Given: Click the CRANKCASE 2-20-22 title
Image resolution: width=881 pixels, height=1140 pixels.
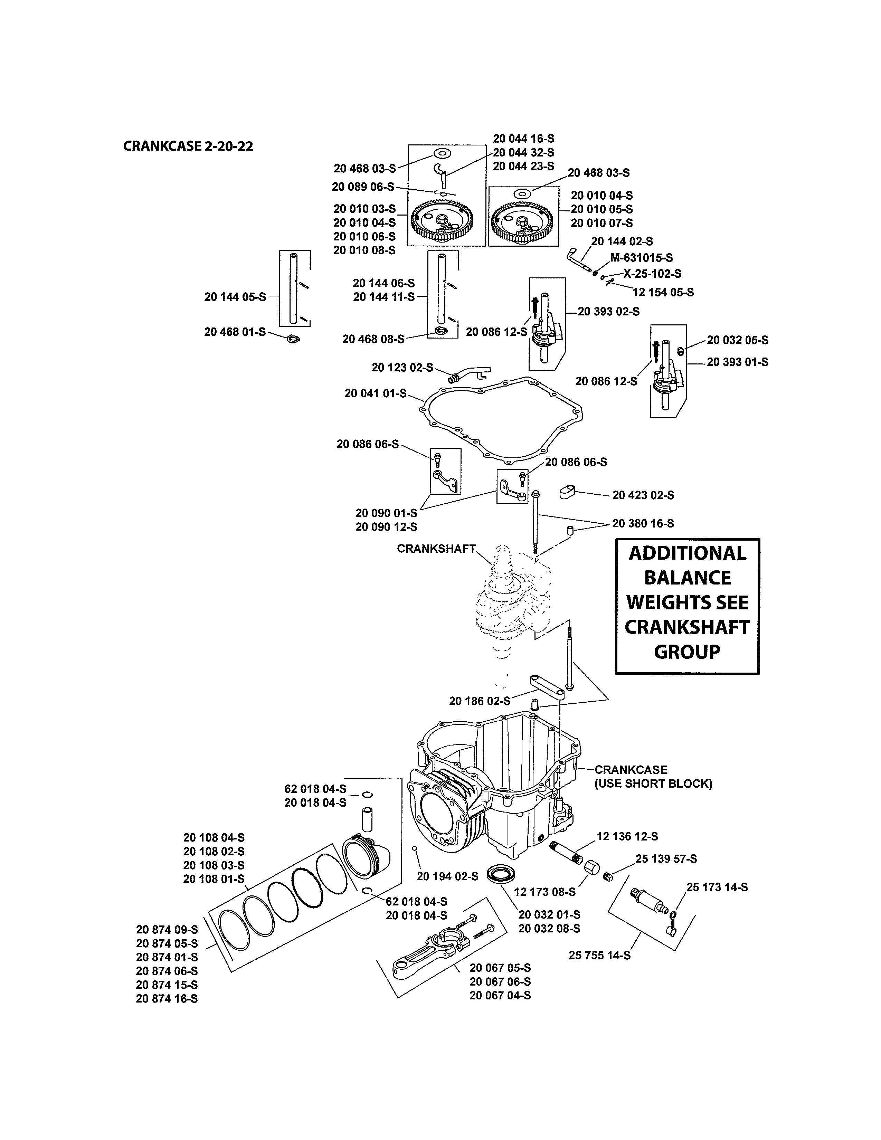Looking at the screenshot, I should [x=188, y=146].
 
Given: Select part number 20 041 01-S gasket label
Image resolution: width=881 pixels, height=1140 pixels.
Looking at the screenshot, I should [x=375, y=393].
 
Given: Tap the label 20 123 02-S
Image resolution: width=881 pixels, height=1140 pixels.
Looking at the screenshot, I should [x=402, y=368].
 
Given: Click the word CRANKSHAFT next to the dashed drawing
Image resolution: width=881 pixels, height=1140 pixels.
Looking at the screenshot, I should [x=436, y=549].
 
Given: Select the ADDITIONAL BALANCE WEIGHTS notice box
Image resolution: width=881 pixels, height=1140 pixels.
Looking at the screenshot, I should [x=687, y=606].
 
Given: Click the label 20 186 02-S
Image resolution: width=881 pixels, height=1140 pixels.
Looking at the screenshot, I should [x=480, y=701].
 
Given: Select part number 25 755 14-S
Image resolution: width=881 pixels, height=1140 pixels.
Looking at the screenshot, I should [x=599, y=955].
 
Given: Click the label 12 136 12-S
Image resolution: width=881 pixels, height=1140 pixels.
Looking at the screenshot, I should [x=627, y=836].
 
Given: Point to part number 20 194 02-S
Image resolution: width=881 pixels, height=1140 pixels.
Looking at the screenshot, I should [x=447, y=876].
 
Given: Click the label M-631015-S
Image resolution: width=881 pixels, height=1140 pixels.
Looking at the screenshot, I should [x=641, y=257].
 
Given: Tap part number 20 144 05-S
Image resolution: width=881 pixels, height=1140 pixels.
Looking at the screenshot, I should [x=235, y=297].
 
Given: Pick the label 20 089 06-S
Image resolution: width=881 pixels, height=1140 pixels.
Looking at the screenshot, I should [x=363, y=187].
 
